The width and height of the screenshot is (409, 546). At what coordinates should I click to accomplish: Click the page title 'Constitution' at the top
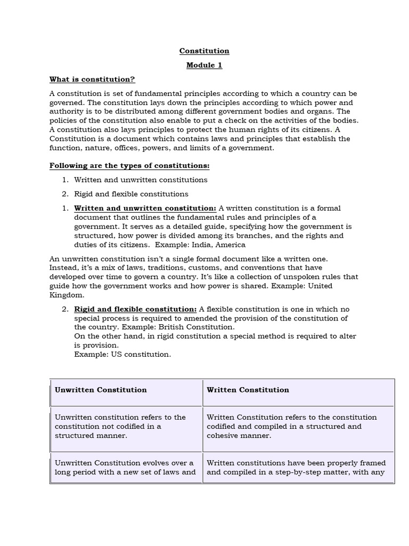[x=204, y=51]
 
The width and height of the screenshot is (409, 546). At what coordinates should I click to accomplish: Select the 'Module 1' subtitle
[x=204, y=65]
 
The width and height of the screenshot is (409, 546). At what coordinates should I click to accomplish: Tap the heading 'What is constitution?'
[x=92, y=79]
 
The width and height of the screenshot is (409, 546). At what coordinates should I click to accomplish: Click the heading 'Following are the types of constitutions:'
[x=126, y=166]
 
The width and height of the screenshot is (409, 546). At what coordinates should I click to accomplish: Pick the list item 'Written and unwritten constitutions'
[x=141, y=180]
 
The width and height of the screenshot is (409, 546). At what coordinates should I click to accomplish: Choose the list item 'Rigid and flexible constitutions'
[x=131, y=194]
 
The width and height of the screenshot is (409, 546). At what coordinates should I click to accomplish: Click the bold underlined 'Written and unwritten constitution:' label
[x=145, y=208]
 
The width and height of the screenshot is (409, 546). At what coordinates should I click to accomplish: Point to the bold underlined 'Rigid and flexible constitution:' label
[x=135, y=309]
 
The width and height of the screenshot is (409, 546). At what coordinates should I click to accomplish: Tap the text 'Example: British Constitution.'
[x=154, y=327]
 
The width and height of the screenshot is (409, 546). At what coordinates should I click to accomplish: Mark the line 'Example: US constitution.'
[x=122, y=355]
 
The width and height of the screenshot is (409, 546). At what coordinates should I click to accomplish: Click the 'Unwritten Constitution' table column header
[x=101, y=390]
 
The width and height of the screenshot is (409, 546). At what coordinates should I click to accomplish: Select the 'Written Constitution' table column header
[x=248, y=390]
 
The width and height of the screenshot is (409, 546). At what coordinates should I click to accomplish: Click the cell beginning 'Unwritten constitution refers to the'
[x=120, y=426]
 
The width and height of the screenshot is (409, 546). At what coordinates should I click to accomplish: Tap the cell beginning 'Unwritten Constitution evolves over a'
[x=125, y=467]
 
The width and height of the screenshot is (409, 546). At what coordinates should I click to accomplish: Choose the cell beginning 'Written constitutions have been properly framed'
[x=296, y=467]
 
